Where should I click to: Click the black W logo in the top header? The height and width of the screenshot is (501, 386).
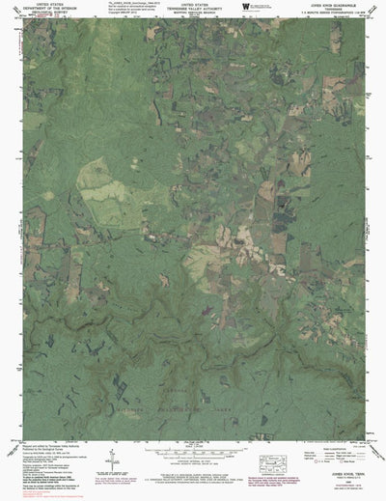(x=243, y=7)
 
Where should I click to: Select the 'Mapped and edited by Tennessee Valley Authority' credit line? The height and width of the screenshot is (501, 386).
(x=48, y=451)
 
